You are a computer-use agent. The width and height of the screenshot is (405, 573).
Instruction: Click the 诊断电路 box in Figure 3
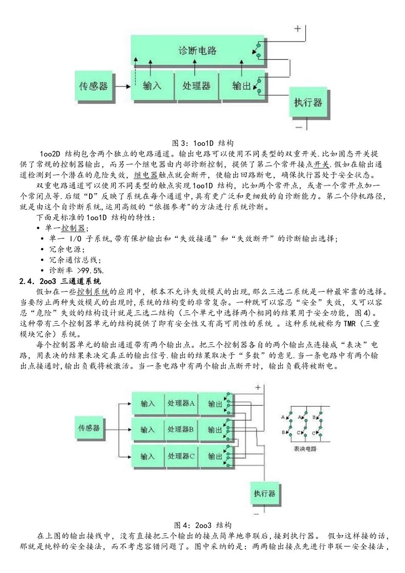coord(197,51)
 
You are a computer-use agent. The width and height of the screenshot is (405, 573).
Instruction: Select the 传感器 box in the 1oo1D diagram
coord(93,87)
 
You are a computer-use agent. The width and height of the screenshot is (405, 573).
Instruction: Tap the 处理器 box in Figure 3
coord(196,86)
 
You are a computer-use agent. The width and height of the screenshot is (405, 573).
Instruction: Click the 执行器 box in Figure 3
coord(308,102)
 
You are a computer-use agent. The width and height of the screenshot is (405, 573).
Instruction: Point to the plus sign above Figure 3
coord(297,29)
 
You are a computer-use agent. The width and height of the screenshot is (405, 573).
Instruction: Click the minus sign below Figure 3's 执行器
coord(299,127)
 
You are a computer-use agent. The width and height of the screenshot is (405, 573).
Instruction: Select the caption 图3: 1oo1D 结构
coord(202,143)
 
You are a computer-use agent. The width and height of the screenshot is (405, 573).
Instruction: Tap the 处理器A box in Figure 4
coord(181,403)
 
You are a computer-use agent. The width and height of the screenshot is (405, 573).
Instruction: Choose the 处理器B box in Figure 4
coord(181,430)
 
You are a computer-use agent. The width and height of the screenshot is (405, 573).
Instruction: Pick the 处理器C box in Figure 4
coord(181,456)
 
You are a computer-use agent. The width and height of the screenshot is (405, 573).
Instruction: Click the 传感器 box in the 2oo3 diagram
coord(89,428)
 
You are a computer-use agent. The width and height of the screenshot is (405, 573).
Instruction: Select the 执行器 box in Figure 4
coord(264,493)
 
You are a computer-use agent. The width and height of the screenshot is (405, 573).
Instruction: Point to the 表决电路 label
coord(305,449)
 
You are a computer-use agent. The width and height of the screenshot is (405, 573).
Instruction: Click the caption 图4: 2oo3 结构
coord(202,525)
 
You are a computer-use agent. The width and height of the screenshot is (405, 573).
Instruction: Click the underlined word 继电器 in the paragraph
coord(146,175)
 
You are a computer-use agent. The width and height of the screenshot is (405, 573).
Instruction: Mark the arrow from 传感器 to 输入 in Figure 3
coord(123,87)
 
